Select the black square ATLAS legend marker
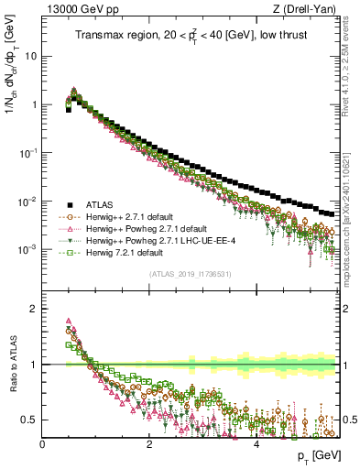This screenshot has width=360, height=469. [69, 204]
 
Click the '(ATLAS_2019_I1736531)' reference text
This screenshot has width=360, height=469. [189, 274]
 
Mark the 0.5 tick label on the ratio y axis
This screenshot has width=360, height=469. [29, 420]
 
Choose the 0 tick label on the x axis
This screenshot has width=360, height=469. [42, 444]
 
